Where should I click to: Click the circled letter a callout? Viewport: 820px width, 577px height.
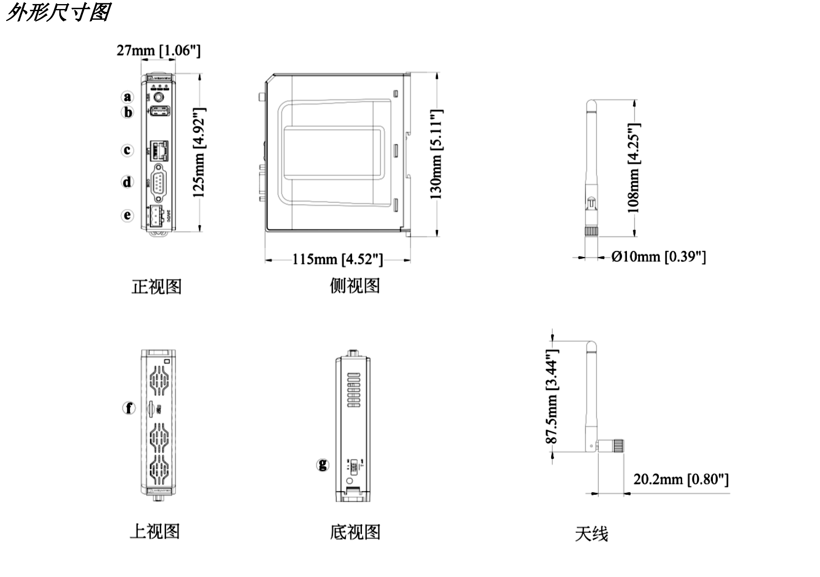(128, 97)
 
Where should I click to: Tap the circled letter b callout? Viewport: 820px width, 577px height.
(128, 112)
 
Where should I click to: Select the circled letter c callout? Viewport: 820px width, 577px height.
(128, 150)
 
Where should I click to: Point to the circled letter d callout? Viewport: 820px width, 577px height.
(128, 182)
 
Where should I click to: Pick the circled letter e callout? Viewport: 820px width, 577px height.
(128, 215)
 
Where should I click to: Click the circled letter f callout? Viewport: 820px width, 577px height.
(129, 408)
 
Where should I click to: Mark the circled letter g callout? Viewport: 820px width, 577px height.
(323, 465)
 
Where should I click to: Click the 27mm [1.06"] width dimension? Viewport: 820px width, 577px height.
(159, 50)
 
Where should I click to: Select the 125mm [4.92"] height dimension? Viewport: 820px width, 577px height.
(199, 153)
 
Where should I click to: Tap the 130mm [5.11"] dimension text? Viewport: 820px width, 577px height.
(436, 154)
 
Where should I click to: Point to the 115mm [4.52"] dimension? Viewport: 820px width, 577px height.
(337, 259)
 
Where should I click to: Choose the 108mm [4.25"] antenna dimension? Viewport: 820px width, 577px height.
(634, 168)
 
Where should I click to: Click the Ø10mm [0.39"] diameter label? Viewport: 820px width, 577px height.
(658, 257)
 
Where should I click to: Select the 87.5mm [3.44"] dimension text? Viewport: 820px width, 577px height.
(552, 396)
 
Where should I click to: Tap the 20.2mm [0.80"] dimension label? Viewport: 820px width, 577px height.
(681, 479)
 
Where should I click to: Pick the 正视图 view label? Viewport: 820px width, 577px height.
(156, 286)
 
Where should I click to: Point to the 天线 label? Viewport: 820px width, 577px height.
(591, 534)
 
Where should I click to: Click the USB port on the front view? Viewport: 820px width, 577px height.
(160, 111)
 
